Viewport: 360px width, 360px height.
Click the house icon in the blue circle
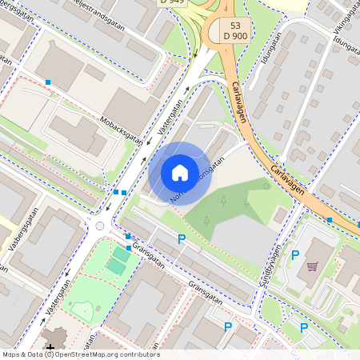coord(180,173)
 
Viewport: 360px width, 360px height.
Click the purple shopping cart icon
coord(312,266)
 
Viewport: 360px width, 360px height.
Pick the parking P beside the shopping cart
coord(294,255)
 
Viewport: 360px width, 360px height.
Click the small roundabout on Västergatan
coord(100,226)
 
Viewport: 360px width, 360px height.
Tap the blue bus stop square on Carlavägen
coord(329,219)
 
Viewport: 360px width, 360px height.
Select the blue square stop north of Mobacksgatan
coord(48,82)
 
